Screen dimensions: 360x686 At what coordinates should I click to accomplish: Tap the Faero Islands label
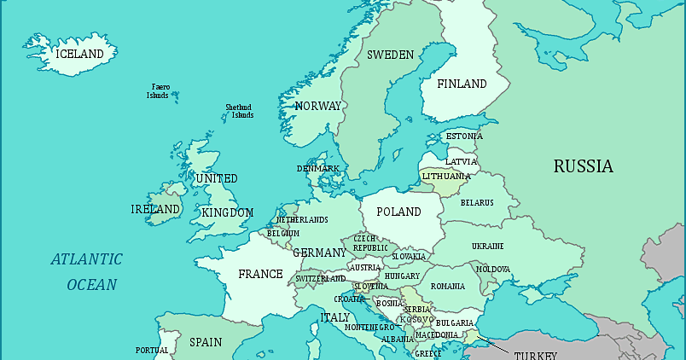pos(160,91)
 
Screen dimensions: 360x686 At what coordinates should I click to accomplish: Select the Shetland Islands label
pos(239,112)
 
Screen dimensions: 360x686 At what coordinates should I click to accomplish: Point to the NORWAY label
pos(317,107)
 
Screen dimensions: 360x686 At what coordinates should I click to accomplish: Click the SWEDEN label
pos(390,55)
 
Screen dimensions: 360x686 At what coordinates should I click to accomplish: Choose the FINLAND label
pos(462,84)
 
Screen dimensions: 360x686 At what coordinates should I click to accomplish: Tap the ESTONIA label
pos(464,136)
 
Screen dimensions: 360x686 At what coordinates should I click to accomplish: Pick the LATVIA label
pos(462,161)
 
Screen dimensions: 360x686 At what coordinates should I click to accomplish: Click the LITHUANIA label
pos(446,177)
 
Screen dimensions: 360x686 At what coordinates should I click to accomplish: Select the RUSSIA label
pos(583,166)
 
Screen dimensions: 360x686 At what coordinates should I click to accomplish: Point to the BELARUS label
pos(477,202)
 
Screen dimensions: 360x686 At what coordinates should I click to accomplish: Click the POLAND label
pos(398,212)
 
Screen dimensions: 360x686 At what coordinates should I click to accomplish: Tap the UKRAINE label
pos(487,247)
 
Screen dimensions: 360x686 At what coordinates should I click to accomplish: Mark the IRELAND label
pos(155,209)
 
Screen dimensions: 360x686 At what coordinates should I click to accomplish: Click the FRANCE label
pos(260,274)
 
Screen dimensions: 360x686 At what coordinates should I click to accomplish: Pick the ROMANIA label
pos(448,287)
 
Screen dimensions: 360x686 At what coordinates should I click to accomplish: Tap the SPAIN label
pos(206,342)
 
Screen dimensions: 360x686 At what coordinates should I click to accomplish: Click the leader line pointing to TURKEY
pos(492,345)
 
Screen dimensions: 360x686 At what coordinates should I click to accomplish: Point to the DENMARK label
pos(318,169)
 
